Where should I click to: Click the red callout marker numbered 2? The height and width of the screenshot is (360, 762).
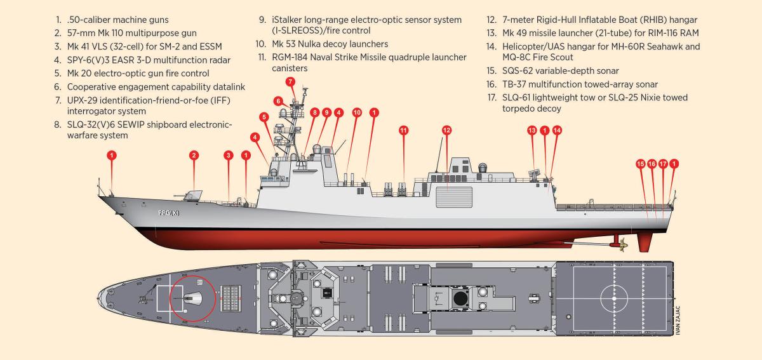(194, 155)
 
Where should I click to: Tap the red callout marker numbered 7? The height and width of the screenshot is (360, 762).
(290, 82)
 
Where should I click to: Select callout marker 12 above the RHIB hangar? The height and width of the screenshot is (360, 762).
(446, 130)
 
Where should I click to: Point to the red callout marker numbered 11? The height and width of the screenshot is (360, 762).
(403, 130)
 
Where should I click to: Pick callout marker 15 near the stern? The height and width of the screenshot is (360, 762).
(640, 164)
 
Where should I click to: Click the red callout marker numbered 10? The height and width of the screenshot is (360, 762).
(358, 112)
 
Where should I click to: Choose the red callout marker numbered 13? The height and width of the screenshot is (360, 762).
(532, 130)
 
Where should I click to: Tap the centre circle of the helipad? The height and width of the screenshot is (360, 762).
(613, 296)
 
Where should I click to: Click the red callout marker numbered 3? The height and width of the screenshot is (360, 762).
(229, 155)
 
